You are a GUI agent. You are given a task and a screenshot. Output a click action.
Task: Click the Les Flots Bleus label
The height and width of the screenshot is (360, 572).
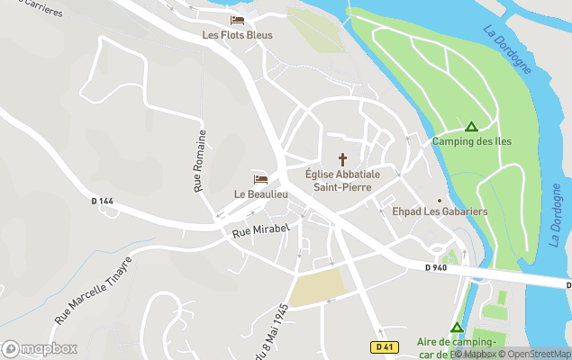coord(237,35)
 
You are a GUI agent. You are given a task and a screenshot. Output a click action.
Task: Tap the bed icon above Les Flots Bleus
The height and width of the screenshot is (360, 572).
coord(237,20)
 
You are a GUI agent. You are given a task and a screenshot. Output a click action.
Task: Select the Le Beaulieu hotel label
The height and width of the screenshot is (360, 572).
coord(260,193)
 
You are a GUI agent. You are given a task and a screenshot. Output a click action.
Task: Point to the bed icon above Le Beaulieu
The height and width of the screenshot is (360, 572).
coord(260,179)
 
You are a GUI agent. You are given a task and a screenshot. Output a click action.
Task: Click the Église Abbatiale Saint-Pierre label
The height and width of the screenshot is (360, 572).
coord(342,180)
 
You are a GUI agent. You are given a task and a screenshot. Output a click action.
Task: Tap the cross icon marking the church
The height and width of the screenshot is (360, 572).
coord(342,158)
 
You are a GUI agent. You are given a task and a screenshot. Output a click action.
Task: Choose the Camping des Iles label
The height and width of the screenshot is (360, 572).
coord(471,141)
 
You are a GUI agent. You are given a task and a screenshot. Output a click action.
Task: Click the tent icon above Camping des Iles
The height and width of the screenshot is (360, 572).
coord(470,126)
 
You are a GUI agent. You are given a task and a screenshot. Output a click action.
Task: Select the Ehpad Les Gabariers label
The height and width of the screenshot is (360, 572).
coord(440,211)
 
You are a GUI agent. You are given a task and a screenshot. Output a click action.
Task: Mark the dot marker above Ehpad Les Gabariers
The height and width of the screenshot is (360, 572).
coord(440,200)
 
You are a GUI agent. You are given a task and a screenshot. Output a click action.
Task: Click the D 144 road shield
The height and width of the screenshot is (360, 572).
coord(103,201)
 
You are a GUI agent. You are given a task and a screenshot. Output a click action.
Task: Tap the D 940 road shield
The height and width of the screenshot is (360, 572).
coord(436,267)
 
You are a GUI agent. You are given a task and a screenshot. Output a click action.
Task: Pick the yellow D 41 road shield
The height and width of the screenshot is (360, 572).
coord(384,346)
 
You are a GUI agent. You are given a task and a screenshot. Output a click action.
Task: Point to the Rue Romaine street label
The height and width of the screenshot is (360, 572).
coord(200,160)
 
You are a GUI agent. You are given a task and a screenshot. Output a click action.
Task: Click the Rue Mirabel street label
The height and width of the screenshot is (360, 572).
coord(260,230)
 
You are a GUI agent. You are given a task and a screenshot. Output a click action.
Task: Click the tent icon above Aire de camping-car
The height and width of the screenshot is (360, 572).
coord(457,328)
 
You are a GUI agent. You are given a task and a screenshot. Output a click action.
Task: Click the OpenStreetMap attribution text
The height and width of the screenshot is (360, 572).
coord(538,354)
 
